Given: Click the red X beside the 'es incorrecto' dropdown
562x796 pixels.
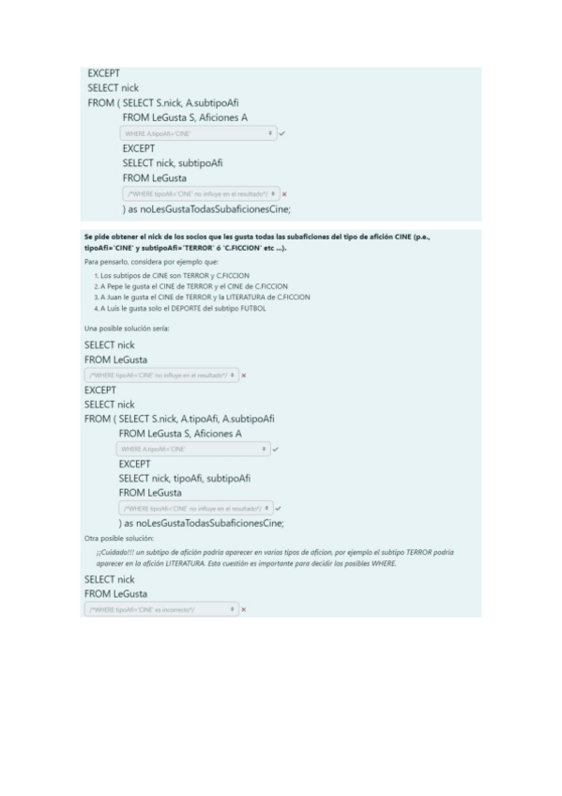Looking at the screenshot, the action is pyautogui.click(x=244, y=609).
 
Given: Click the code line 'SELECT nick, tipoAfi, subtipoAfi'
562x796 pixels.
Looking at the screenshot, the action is pyautogui.click(x=184, y=478).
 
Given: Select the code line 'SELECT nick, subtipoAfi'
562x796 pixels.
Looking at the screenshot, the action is pyautogui.click(x=173, y=162).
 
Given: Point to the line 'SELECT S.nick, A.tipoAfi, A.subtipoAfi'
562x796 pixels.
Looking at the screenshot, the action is pyautogui.click(x=197, y=419).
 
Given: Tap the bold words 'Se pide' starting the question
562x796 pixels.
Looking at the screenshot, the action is pyautogui.click(x=97, y=237).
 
